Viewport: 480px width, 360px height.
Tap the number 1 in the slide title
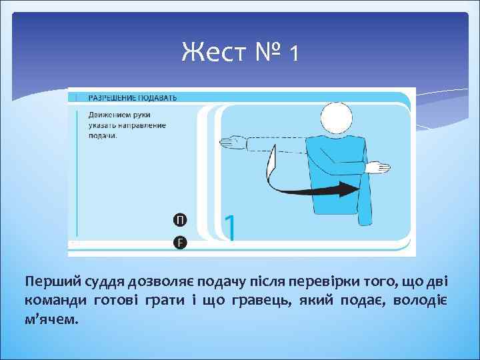(293, 53)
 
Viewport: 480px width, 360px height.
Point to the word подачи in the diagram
(102, 135)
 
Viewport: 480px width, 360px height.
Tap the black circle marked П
(180, 221)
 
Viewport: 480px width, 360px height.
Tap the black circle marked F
(180, 243)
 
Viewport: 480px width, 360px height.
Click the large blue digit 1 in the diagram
(230, 227)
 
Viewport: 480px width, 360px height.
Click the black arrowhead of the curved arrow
(347, 190)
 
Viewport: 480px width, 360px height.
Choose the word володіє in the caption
(421, 298)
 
